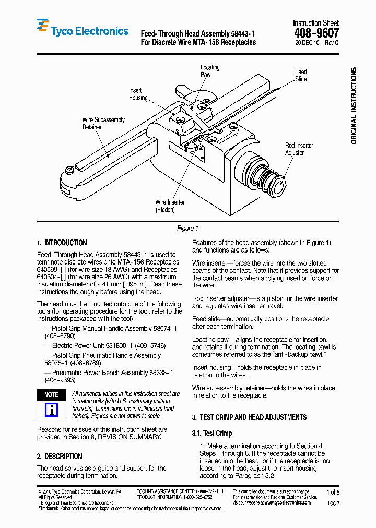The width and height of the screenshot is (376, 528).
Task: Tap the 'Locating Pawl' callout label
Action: tap(210, 71)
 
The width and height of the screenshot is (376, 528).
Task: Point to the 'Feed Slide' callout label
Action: tap(301, 75)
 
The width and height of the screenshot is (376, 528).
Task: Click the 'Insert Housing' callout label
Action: tap(138, 94)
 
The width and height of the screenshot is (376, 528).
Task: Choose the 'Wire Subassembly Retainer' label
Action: tap(103, 123)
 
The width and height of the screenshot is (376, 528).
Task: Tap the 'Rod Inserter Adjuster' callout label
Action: tap(299, 149)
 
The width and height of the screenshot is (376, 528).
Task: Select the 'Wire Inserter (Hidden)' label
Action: tap(170, 206)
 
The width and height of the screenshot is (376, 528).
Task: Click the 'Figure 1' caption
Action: tap(187, 229)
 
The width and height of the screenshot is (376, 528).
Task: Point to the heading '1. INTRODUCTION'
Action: tap(62, 243)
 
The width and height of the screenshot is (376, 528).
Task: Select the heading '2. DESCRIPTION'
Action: tap(60, 457)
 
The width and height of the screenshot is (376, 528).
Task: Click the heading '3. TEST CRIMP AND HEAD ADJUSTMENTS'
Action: tap(249, 417)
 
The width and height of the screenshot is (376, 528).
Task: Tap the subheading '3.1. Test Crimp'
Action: tap(212, 433)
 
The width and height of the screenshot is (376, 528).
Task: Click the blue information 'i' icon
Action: tap(51, 410)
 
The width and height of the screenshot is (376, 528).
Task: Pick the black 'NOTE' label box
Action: tap(51, 395)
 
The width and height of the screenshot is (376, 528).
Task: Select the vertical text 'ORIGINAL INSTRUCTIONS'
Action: tap(354, 106)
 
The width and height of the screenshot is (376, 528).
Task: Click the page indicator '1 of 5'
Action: tap(332, 492)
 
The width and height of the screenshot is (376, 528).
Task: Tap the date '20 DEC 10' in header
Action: tap(308, 43)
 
